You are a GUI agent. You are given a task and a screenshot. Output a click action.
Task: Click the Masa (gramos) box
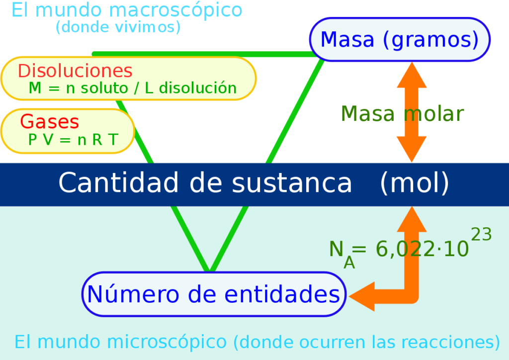pos(400,39)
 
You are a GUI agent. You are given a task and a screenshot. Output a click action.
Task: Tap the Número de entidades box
pos(214,294)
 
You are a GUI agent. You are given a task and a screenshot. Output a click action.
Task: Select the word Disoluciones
pos(75,71)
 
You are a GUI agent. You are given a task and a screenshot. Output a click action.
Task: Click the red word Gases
pos(49,122)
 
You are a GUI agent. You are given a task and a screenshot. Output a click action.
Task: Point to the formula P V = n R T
pos(74,140)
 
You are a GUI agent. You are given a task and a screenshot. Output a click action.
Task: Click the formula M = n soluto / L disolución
pos(132,88)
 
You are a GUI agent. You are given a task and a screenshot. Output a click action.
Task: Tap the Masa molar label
pos(402,113)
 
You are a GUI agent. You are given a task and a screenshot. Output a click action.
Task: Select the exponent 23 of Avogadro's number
pos(481,234)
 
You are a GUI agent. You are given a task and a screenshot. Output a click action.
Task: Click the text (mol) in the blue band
pos(415,183)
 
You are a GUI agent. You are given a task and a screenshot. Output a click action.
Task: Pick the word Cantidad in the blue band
pos(118,182)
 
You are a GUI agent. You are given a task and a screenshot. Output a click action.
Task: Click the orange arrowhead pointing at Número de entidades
pos(362,296)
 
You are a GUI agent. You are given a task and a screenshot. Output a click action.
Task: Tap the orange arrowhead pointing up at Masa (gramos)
pos(412,75)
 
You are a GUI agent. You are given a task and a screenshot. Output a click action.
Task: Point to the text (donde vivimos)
pos(118,27)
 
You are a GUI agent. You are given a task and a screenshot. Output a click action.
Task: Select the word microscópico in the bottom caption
pos(167,343)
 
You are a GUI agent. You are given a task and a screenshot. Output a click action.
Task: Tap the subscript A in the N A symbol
pos(349,263)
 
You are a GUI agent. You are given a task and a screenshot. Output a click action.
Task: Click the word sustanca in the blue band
pos(292,183)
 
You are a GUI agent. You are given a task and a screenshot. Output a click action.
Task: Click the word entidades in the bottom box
pos(282,294)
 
